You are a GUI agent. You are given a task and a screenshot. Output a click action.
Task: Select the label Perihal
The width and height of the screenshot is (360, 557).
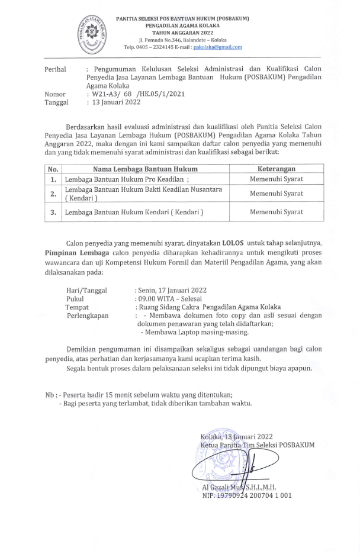point(56,69)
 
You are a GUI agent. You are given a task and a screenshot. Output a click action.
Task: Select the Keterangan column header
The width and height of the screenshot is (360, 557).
point(276,169)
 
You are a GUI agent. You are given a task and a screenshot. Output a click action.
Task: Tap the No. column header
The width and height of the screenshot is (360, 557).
point(53,169)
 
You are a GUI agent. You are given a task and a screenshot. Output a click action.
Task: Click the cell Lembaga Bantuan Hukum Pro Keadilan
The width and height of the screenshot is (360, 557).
point(127,179)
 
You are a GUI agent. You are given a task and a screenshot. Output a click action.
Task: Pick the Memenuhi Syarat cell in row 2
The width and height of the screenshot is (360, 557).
point(276,193)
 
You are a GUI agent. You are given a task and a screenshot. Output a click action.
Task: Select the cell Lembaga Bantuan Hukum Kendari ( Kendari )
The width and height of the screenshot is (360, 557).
point(134,211)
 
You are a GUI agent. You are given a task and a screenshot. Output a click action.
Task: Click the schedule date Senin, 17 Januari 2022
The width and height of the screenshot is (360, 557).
point(171,291)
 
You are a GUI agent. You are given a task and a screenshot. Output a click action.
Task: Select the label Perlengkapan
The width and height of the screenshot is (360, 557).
point(88,316)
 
